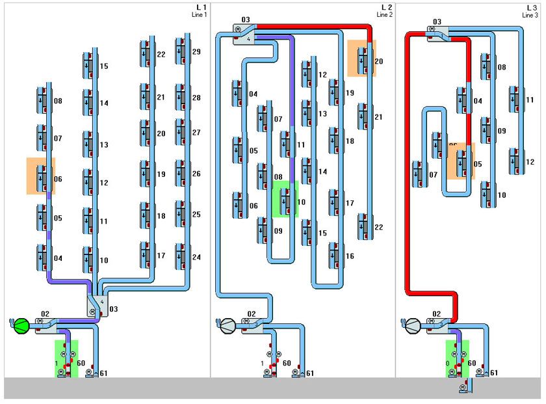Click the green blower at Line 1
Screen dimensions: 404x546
pyautogui.click(x=20, y=325)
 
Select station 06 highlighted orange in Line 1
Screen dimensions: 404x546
pyautogui.click(x=42, y=176)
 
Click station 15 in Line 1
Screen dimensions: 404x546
pyautogui.click(x=87, y=66)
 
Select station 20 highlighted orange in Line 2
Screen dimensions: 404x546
pyautogui.click(x=363, y=59)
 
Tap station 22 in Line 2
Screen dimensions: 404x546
pyautogui.click(x=363, y=226)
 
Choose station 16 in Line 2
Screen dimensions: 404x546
pyautogui.click(x=333, y=255)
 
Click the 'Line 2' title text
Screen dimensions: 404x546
pyautogui.click(x=383, y=15)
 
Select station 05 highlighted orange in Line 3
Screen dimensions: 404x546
pyautogui.click(x=462, y=163)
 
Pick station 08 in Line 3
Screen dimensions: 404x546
pyautogui.click(x=486, y=66)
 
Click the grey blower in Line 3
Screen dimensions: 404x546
pyautogui.click(x=413, y=325)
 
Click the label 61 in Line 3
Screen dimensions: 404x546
pyautogui.click(x=494, y=373)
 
